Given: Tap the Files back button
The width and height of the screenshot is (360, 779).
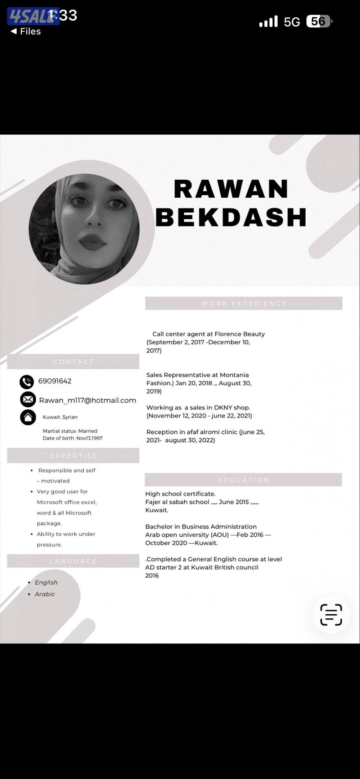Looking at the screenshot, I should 26,31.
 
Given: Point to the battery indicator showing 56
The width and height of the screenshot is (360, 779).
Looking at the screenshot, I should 319,22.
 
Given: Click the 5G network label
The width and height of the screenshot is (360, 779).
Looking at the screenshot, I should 292,22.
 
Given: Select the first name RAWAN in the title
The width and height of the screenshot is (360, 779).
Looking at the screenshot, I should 231,189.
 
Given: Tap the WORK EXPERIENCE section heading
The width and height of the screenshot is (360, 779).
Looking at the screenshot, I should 244,304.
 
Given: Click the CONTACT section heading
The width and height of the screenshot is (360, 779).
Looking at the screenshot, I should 73,362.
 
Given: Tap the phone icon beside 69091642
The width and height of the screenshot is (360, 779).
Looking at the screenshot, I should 27,382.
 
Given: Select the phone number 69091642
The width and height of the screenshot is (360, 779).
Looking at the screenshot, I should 55,381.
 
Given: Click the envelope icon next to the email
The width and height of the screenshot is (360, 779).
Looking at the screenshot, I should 28,399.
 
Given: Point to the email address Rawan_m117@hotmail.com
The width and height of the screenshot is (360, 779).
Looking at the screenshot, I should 87,400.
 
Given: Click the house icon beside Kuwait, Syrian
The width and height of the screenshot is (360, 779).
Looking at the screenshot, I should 28,417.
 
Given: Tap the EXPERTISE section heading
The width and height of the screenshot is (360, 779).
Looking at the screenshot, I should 73,456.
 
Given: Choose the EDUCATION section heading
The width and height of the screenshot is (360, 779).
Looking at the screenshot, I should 243,480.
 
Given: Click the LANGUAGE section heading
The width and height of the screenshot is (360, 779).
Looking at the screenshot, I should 73,561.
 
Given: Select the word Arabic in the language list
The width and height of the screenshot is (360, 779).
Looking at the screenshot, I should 45,594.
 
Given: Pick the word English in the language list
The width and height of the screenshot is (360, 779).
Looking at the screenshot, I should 46,582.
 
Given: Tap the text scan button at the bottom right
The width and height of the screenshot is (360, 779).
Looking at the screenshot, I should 331,614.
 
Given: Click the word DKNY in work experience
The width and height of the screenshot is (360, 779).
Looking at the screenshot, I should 223,408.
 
